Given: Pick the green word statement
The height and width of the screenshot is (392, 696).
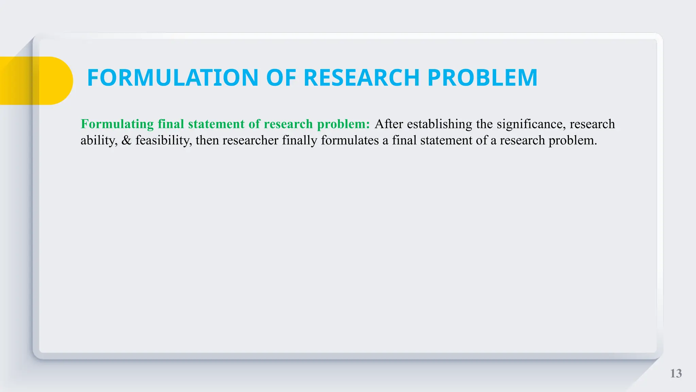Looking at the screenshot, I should (x=216, y=124).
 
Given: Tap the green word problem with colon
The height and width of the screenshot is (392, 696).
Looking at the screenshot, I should (x=343, y=124).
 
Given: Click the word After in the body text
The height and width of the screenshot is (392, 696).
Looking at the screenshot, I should (x=389, y=124).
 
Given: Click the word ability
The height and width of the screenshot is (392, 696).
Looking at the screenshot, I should (x=99, y=141).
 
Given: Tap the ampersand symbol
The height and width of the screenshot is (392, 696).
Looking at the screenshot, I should (x=126, y=141).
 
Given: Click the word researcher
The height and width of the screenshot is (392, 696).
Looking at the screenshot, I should (x=250, y=141).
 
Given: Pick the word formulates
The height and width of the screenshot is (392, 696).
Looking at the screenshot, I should (x=350, y=141).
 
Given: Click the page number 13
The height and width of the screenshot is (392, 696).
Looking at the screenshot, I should (x=676, y=374).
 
